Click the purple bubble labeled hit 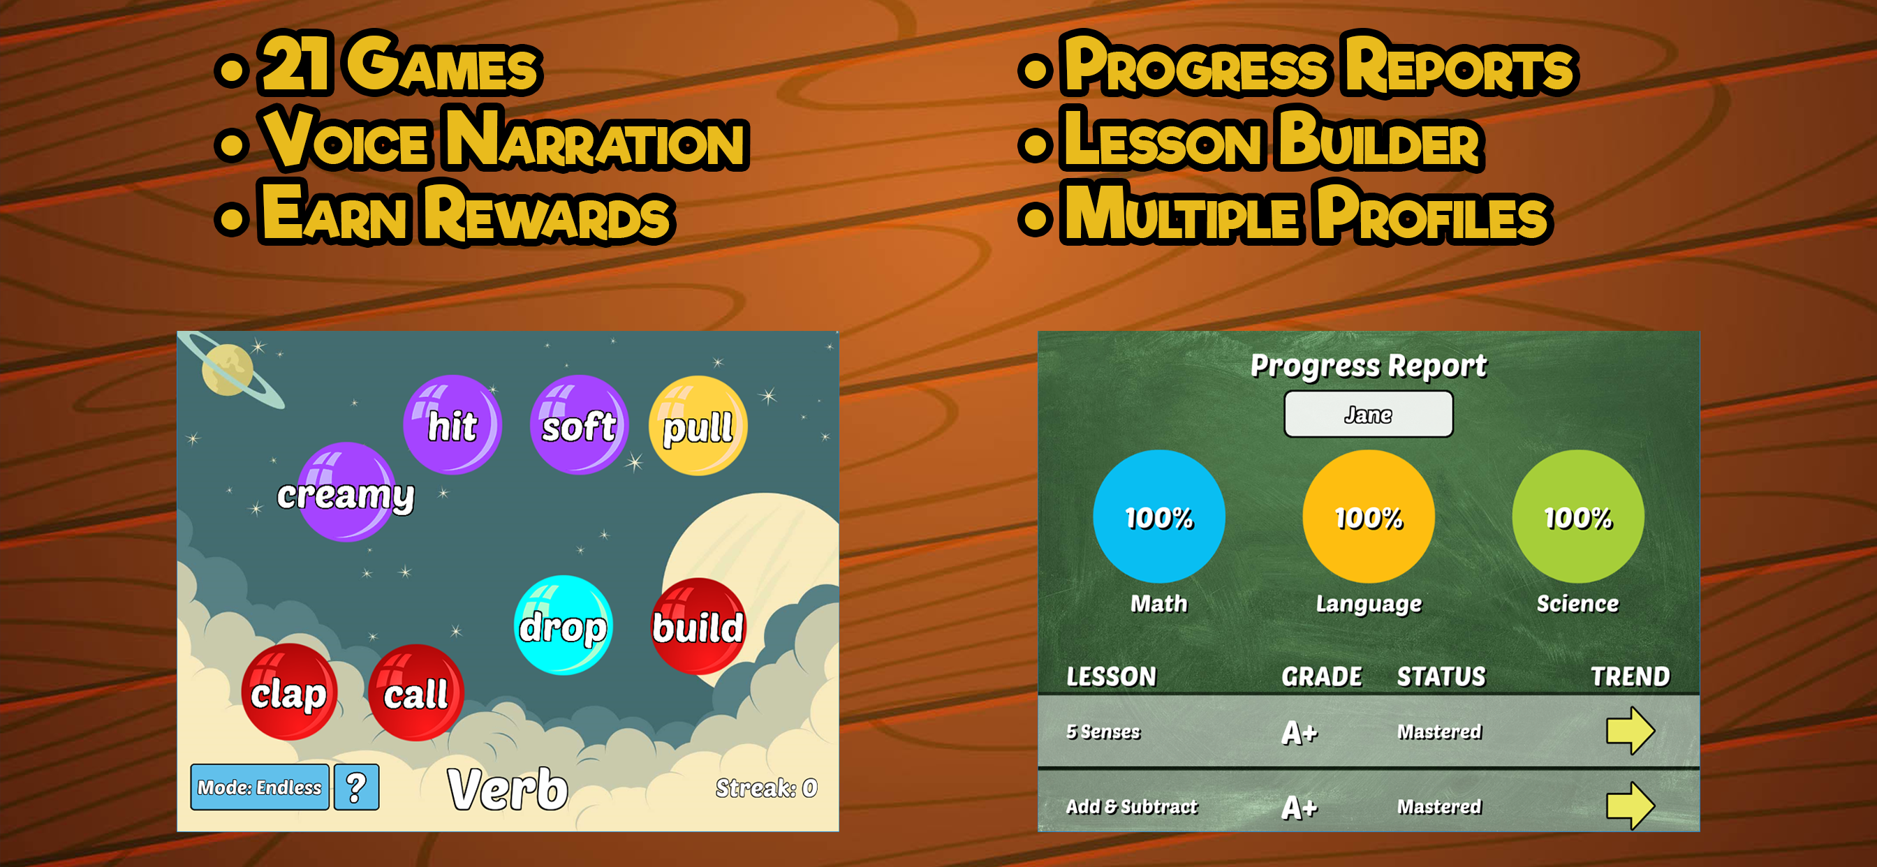[x=452, y=424]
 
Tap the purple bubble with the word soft [x=580, y=424]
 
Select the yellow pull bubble [x=698, y=426]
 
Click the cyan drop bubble [x=564, y=625]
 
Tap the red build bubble [x=699, y=626]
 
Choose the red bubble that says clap [x=289, y=692]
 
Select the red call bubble [x=416, y=692]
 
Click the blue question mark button [x=356, y=787]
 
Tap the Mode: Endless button [x=259, y=787]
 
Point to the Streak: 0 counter [x=766, y=787]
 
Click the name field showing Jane [x=1369, y=414]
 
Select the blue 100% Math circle [x=1158, y=517]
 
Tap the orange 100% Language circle [x=1369, y=517]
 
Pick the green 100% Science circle [x=1578, y=517]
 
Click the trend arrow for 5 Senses [x=1631, y=730]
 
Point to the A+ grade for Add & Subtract [x=1300, y=807]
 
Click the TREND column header [x=1630, y=676]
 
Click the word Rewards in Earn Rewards [x=547, y=213]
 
